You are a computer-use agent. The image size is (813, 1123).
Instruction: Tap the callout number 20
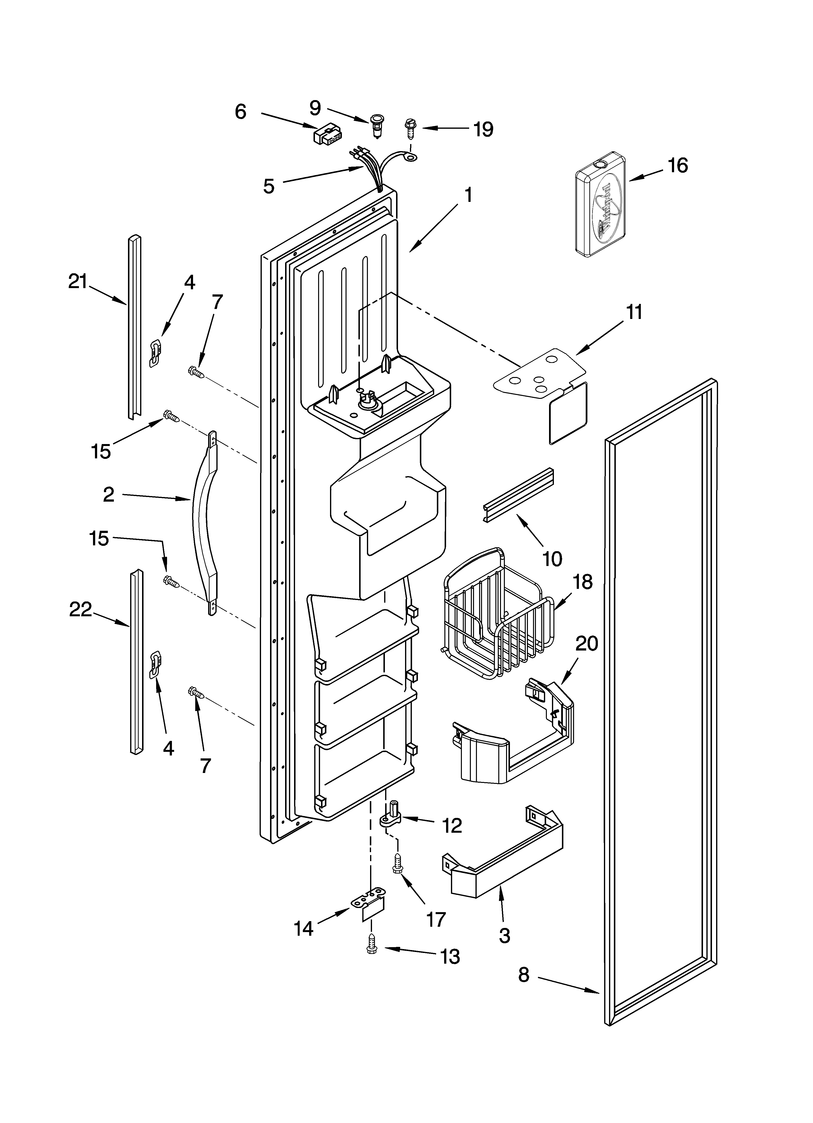coord(587,643)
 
